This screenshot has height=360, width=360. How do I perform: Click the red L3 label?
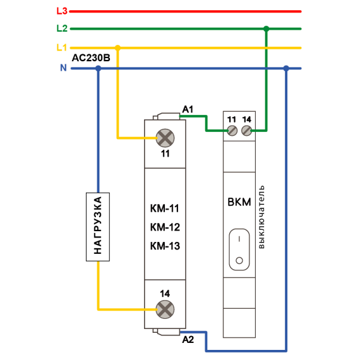(x=62, y=11)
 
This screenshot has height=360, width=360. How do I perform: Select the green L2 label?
(x=62, y=28)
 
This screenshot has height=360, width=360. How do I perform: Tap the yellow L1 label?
(x=61, y=47)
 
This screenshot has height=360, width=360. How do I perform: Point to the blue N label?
(x=63, y=68)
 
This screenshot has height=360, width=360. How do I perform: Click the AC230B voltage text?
(x=91, y=58)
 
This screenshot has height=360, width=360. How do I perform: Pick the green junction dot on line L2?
(x=267, y=28)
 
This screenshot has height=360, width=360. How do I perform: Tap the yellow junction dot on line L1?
(x=117, y=48)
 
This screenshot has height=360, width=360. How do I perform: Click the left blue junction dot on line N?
(x=99, y=68)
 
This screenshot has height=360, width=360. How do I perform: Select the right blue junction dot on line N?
(x=286, y=68)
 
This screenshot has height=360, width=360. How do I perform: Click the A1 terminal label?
(x=188, y=109)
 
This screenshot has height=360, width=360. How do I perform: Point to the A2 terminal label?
(x=188, y=340)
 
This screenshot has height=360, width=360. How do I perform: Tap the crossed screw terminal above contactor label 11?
(x=165, y=138)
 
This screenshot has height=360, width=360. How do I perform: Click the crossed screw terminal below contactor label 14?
(x=165, y=309)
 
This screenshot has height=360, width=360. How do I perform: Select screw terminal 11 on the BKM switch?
(x=232, y=131)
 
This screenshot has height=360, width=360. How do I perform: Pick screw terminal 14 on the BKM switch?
(x=247, y=131)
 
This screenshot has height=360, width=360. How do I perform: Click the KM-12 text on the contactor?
(x=165, y=227)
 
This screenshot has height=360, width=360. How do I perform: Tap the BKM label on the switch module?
(x=239, y=202)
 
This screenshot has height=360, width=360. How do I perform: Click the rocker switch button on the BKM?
(x=239, y=249)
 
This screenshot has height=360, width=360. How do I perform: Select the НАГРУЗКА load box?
(x=98, y=227)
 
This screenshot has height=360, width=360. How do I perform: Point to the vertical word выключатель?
(x=261, y=217)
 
